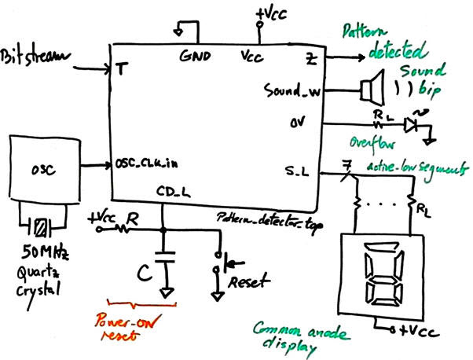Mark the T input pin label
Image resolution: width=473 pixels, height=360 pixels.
click(120, 68)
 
